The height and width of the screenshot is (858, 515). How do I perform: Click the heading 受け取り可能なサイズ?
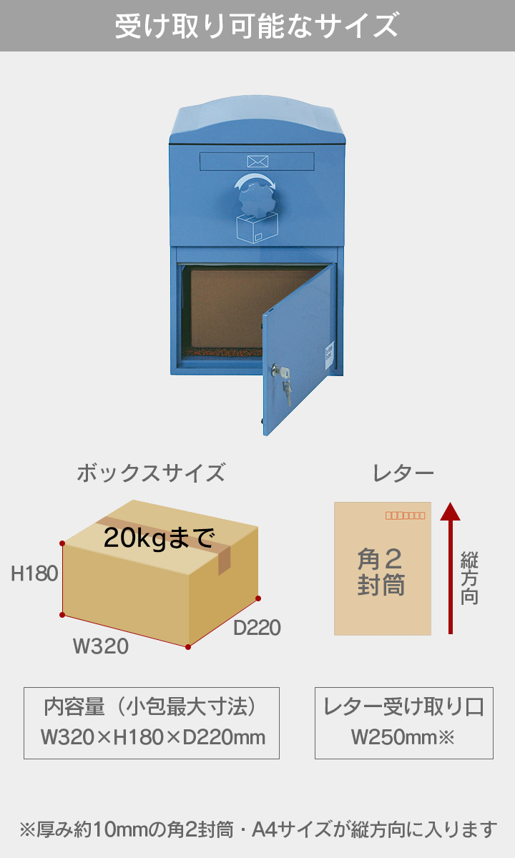(257, 26)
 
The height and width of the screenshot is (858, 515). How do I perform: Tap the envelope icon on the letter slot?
(257, 161)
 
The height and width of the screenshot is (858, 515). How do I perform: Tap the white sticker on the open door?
(329, 355)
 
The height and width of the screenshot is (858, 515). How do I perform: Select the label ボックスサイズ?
(150, 473)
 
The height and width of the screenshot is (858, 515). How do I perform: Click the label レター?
(403, 473)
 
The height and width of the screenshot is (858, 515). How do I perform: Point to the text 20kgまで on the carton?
(159, 537)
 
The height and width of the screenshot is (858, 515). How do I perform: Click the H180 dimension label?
(34, 573)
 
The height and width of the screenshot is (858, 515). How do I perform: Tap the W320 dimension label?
(101, 646)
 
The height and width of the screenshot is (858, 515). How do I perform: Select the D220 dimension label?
(257, 628)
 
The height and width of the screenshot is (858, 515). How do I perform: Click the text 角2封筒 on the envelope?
(381, 572)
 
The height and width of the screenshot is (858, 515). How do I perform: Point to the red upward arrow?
(450, 568)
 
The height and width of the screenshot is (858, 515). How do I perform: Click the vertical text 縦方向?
(469, 578)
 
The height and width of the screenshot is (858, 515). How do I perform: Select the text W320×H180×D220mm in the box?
(152, 736)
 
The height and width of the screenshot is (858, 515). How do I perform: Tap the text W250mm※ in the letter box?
(403, 736)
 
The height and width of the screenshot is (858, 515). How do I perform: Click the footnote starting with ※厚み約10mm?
(257, 829)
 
